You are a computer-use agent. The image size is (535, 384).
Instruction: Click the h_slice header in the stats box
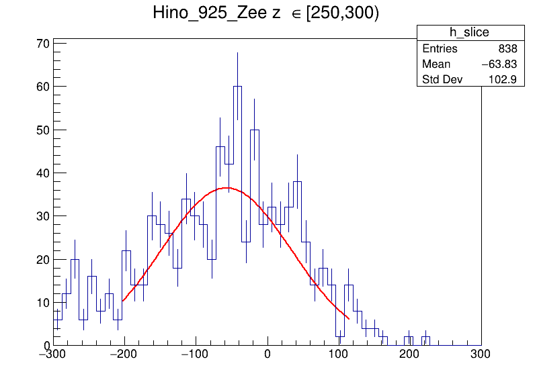click(x=469, y=33)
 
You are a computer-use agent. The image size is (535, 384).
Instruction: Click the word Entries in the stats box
click(x=440, y=49)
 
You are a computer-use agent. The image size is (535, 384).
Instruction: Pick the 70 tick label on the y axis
click(x=42, y=44)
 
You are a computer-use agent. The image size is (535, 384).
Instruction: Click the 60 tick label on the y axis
click(x=42, y=87)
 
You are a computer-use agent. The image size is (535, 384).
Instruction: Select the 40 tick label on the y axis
click(x=42, y=173)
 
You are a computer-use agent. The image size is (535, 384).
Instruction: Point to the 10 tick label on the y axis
click(x=42, y=303)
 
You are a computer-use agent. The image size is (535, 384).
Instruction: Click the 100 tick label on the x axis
click(x=339, y=353)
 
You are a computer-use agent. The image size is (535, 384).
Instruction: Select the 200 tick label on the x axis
click(x=410, y=353)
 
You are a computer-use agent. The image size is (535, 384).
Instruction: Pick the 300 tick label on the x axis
click(x=480, y=353)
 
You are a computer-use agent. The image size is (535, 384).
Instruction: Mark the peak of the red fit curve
click(x=227, y=187)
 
